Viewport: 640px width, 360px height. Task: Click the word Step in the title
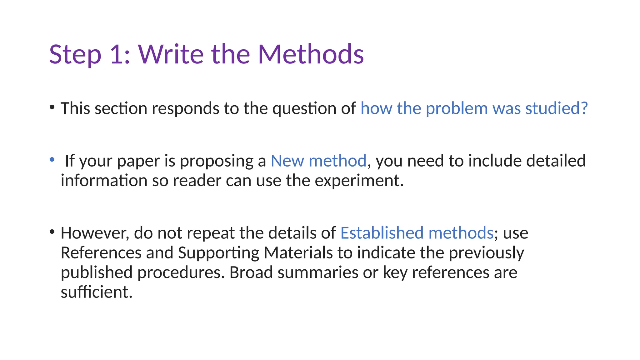[75, 55]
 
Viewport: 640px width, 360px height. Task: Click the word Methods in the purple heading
[311, 55]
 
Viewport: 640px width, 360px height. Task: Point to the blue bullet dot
[52, 160]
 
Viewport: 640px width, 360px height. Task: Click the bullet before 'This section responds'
[52, 107]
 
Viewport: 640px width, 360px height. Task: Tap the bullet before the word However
[52, 232]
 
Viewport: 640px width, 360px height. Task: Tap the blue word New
[287, 161]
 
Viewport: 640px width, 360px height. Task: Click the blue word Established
[382, 233]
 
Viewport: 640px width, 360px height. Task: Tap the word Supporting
[218, 253]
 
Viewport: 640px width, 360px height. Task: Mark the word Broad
[251, 272]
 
